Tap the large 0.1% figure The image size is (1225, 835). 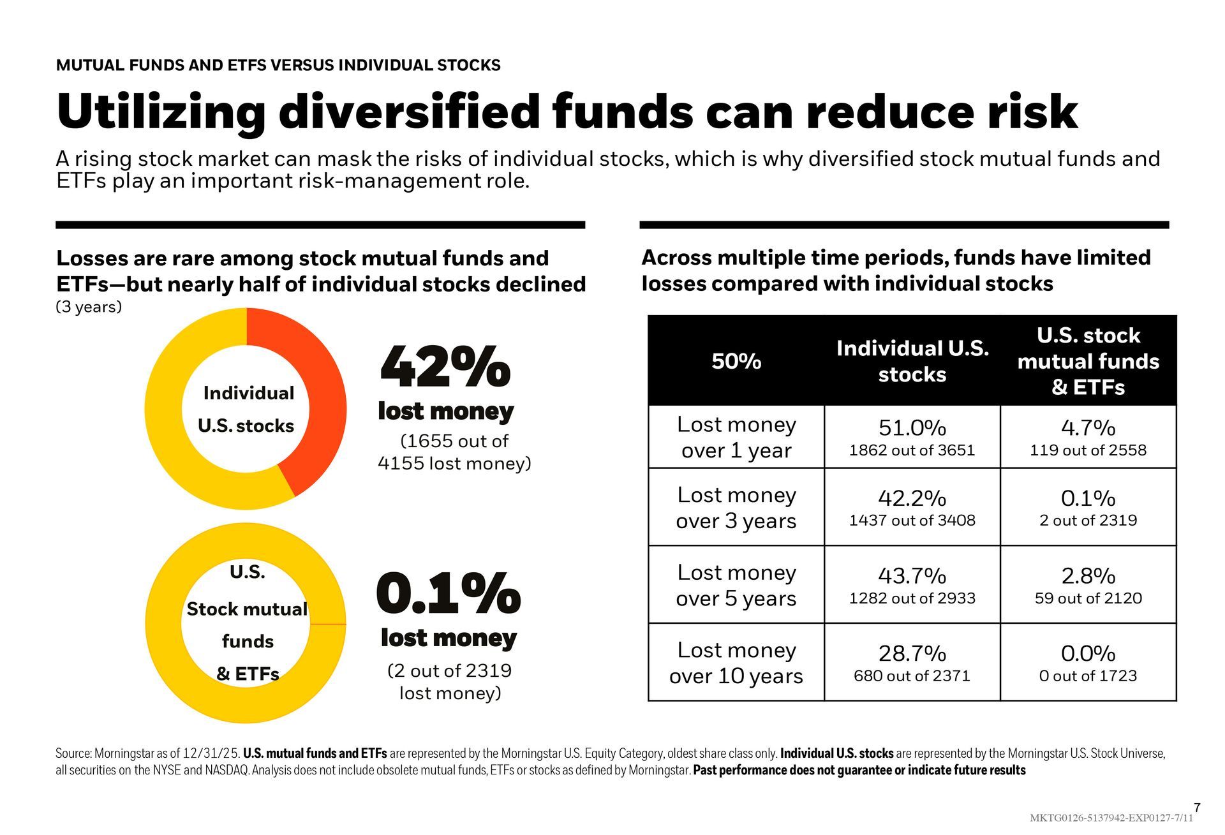coord(448,593)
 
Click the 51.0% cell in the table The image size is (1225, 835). coord(912,427)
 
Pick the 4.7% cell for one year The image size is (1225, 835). coord(1088,427)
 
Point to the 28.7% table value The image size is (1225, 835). coord(912,653)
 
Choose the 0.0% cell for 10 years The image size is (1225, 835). coord(1088,653)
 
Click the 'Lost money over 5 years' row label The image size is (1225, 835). coord(736,585)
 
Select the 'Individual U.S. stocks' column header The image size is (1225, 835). coord(912,361)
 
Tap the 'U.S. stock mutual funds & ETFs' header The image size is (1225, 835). coord(1088,361)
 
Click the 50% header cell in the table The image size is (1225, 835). coord(736,361)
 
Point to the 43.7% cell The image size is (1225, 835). coord(912,575)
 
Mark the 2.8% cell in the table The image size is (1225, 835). coord(1088,575)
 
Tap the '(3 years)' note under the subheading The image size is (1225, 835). coord(89,307)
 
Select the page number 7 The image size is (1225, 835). coord(1197,808)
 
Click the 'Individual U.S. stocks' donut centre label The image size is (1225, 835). coord(248,409)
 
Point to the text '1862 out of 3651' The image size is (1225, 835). coord(912,450)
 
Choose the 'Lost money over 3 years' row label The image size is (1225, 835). coord(736,508)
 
